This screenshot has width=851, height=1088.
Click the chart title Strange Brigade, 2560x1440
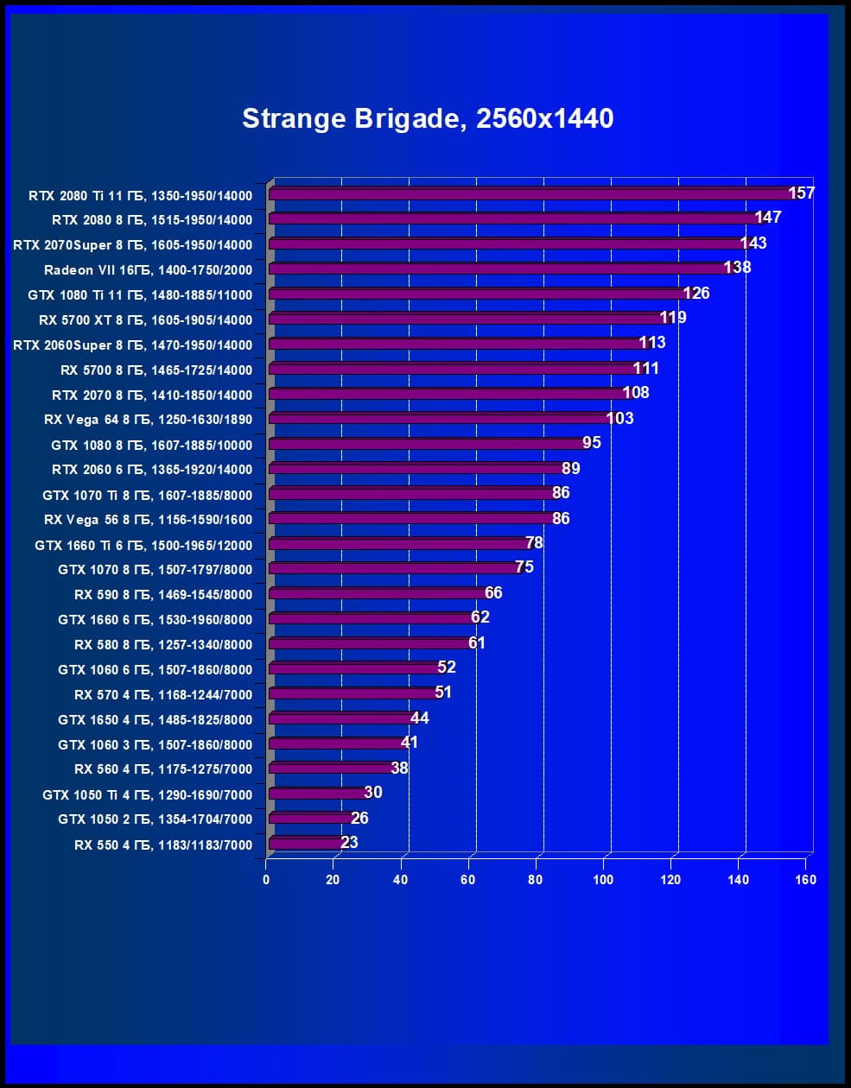coord(428,118)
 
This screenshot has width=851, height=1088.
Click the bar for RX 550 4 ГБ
coord(307,844)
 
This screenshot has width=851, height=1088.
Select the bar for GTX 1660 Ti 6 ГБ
coord(397,544)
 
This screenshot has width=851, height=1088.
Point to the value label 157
coord(802,193)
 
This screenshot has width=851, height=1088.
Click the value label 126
coord(695,294)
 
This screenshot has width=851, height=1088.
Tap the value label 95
coord(592,443)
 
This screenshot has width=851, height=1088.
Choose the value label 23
coord(349,842)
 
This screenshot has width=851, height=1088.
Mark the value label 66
coord(493,592)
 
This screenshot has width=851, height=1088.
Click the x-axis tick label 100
coord(603,880)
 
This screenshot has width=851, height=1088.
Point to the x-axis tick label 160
coord(805,880)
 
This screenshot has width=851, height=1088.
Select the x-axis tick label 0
coord(266,880)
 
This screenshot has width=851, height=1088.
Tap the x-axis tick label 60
coord(468,880)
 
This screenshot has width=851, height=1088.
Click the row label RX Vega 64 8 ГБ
coord(148,421)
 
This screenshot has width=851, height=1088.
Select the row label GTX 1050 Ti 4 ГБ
coord(147,795)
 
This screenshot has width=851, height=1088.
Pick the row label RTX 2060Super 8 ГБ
coord(132,345)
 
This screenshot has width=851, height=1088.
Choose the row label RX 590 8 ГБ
coord(163,595)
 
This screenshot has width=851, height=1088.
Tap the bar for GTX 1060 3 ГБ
coord(337,743)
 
